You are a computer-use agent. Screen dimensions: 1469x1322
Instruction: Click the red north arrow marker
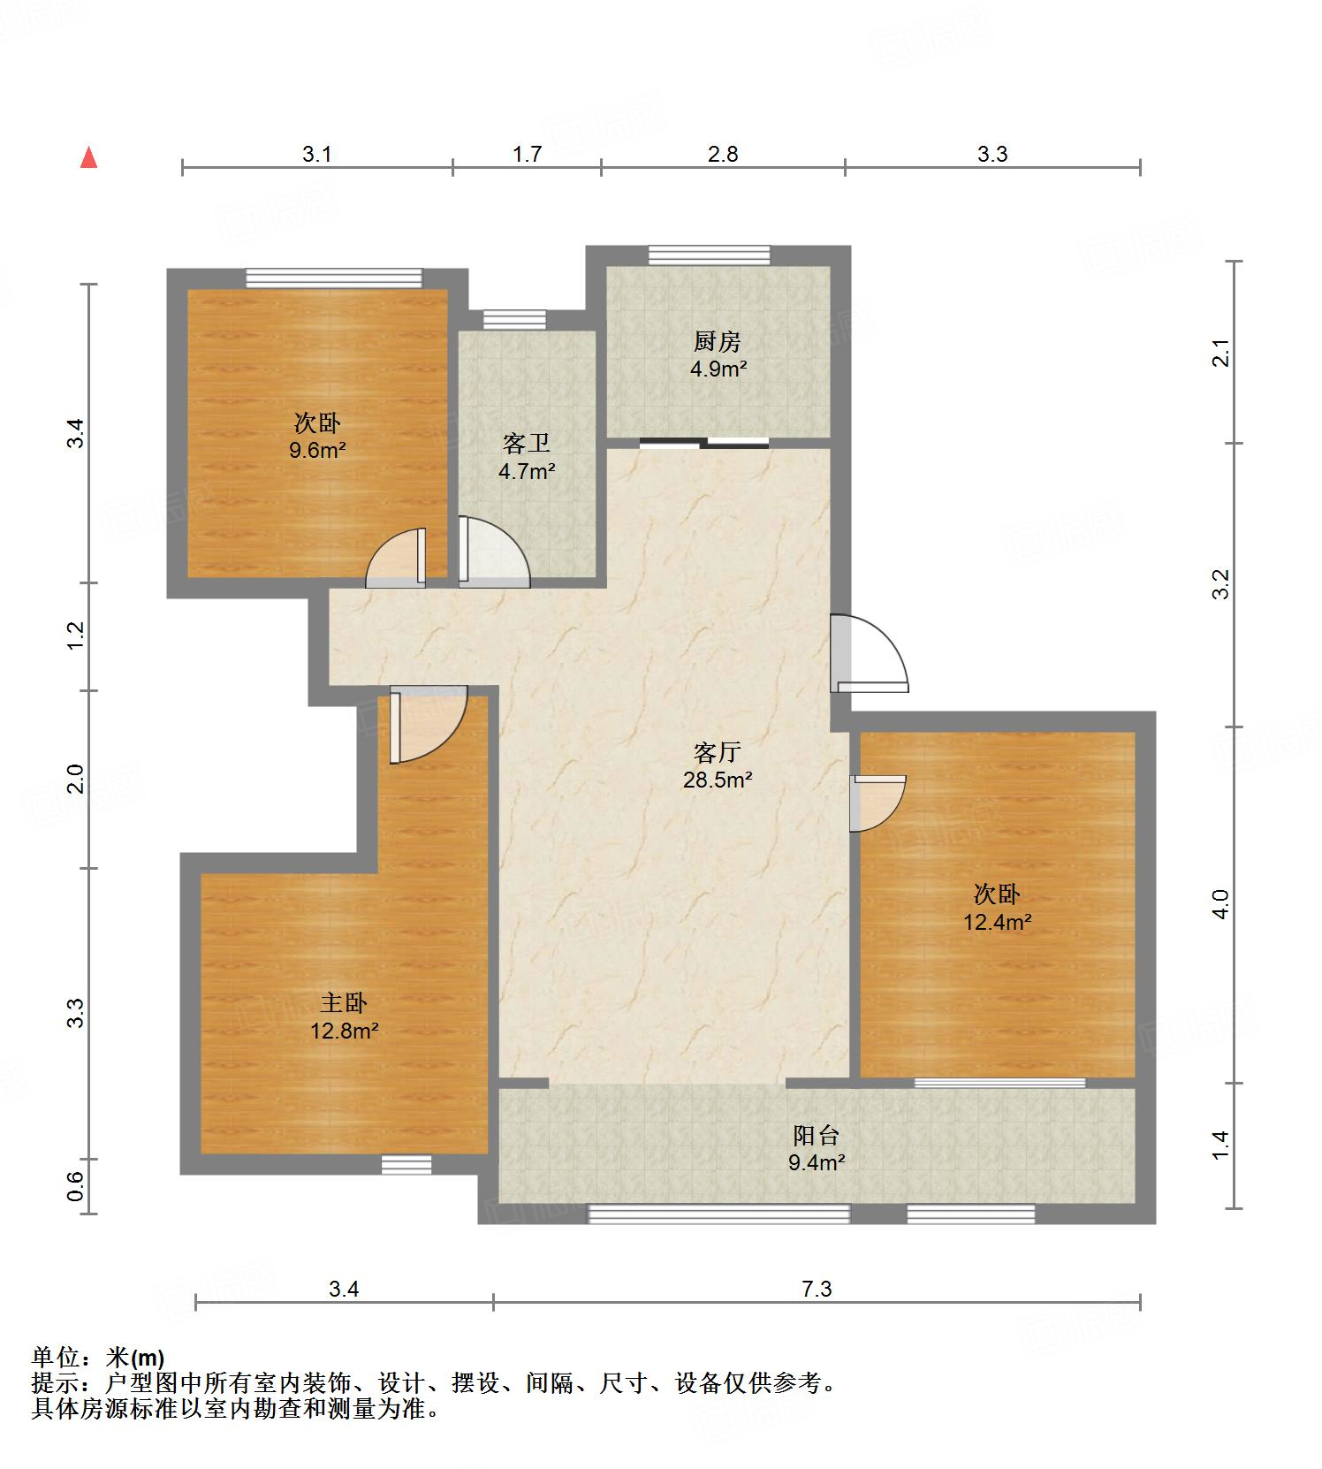(88, 158)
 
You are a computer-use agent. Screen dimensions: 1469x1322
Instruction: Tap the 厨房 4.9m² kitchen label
(718, 354)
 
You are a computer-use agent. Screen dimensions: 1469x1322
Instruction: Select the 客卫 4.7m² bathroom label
(527, 457)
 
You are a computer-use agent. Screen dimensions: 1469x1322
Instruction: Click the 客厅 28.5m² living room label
(717, 766)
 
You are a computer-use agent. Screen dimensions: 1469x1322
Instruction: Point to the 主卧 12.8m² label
(344, 1016)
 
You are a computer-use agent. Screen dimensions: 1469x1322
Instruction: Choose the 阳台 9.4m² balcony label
(816, 1148)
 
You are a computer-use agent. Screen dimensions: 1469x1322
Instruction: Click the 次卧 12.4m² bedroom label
(997, 908)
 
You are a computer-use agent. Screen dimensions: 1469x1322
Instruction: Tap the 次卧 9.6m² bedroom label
(317, 436)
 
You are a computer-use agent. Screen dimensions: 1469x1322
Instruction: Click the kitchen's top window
(709, 255)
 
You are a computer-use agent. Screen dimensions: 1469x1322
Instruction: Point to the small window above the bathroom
(514, 319)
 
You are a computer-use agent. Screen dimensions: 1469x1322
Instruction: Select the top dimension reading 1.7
(527, 154)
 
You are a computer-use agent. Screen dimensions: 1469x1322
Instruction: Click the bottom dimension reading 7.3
(817, 1289)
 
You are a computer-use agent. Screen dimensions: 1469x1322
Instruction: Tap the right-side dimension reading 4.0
(1220, 904)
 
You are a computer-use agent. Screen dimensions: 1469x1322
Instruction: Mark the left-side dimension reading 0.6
(76, 1186)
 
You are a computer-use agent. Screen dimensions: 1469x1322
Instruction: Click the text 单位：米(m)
(98, 1357)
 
